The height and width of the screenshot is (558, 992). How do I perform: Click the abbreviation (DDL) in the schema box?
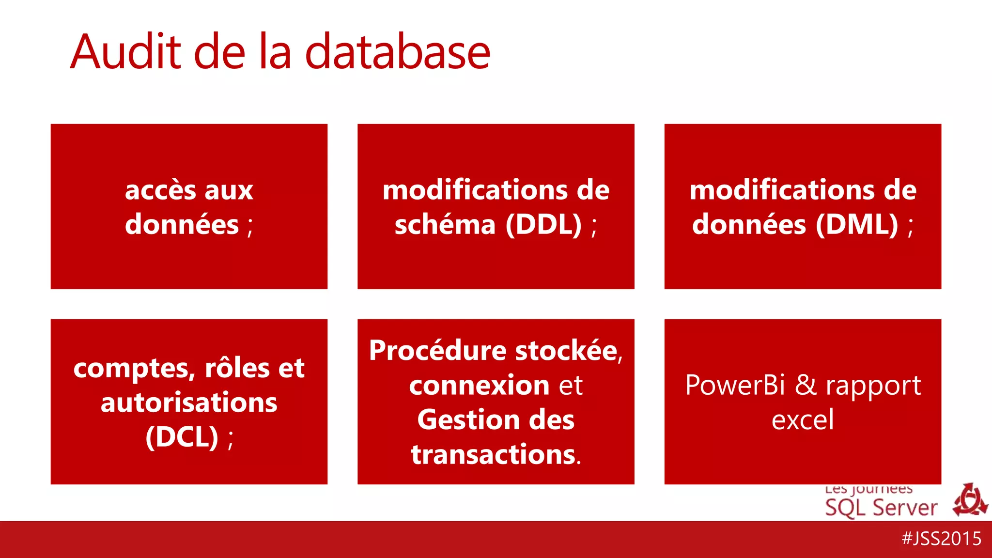coord(543,225)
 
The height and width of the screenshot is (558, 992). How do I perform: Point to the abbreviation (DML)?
coord(856,225)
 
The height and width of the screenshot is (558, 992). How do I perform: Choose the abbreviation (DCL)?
coord(182,437)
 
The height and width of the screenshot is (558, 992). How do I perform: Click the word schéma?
coord(445,225)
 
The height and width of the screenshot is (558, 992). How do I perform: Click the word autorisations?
coord(189,403)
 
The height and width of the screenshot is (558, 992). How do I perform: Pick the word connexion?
coord(479,385)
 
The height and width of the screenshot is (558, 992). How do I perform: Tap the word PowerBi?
coord(735,386)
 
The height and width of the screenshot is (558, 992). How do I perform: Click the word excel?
coord(803,419)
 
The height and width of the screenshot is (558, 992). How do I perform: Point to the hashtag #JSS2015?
coord(941,539)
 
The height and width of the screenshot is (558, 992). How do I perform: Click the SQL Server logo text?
coord(881,508)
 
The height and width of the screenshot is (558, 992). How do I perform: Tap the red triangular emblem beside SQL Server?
coord(970,500)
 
